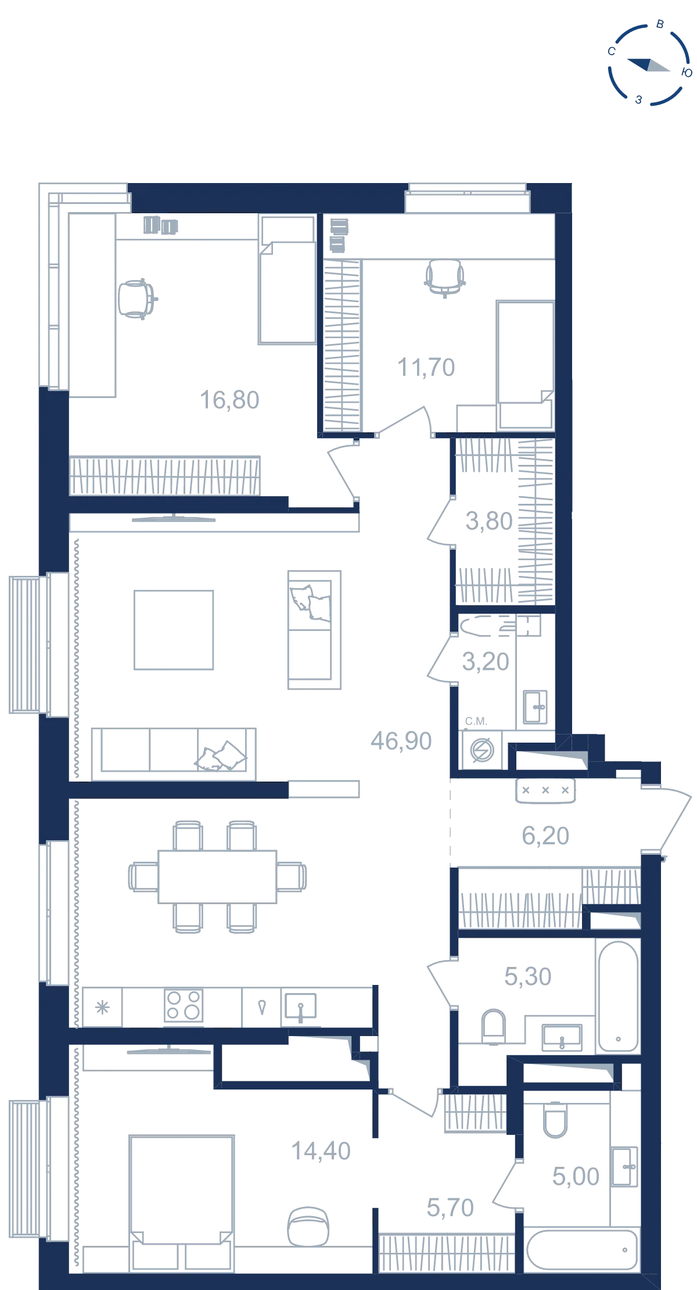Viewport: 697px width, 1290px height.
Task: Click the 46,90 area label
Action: point(401,741)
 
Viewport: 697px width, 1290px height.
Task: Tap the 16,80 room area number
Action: point(229,400)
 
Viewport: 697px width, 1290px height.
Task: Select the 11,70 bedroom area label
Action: point(426,367)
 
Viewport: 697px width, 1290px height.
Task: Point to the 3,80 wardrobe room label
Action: point(489,521)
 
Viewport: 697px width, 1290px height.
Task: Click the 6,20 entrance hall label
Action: point(545,836)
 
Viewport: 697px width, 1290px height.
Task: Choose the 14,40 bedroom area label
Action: point(321,1151)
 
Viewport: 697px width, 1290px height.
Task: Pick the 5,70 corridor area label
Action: point(450,1207)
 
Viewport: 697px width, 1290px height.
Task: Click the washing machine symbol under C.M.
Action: point(482,750)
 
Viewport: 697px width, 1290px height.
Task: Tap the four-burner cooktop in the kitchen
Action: point(184,1005)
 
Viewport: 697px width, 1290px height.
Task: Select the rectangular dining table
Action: point(217,877)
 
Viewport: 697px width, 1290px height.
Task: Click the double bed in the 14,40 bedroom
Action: point(182,1202)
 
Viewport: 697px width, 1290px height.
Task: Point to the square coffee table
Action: point(174,630)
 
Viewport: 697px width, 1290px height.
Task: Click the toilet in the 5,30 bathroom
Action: point(494,1025)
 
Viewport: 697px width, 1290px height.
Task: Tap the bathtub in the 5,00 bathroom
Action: point(582,1249)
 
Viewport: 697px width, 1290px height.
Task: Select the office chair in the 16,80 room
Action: point(138,299)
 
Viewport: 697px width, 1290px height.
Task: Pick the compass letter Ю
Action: point(686,73)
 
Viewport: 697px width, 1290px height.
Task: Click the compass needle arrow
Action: point(648,64)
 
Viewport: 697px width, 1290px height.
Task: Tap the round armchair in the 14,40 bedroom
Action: point(308,1225)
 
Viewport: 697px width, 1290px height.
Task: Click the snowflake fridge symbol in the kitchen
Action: point(102,1007)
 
